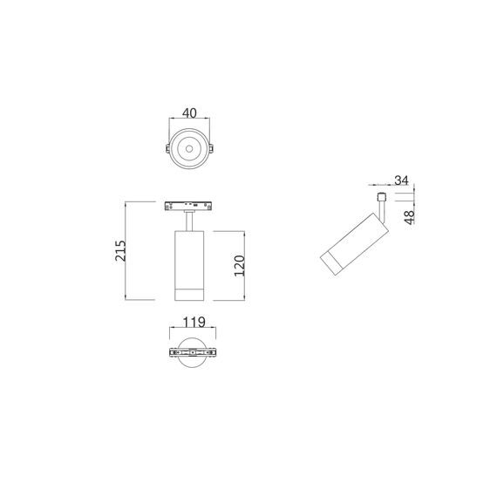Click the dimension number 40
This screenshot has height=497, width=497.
click(187, 113)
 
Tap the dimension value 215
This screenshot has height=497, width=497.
click(121, 250)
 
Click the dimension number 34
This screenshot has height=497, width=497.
click(402, 180)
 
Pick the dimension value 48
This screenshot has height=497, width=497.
click(409, 215)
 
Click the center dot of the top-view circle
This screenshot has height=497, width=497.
click(187, 151)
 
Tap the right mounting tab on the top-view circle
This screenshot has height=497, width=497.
click(212, 151)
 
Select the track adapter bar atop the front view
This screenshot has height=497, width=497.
click(187, 208)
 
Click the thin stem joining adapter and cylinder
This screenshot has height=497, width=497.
click(187, 222)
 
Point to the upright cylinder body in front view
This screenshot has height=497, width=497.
click(187, 257)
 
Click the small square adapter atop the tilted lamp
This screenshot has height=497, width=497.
click(381, 199)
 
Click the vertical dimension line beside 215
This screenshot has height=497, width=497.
click(127, 250)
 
